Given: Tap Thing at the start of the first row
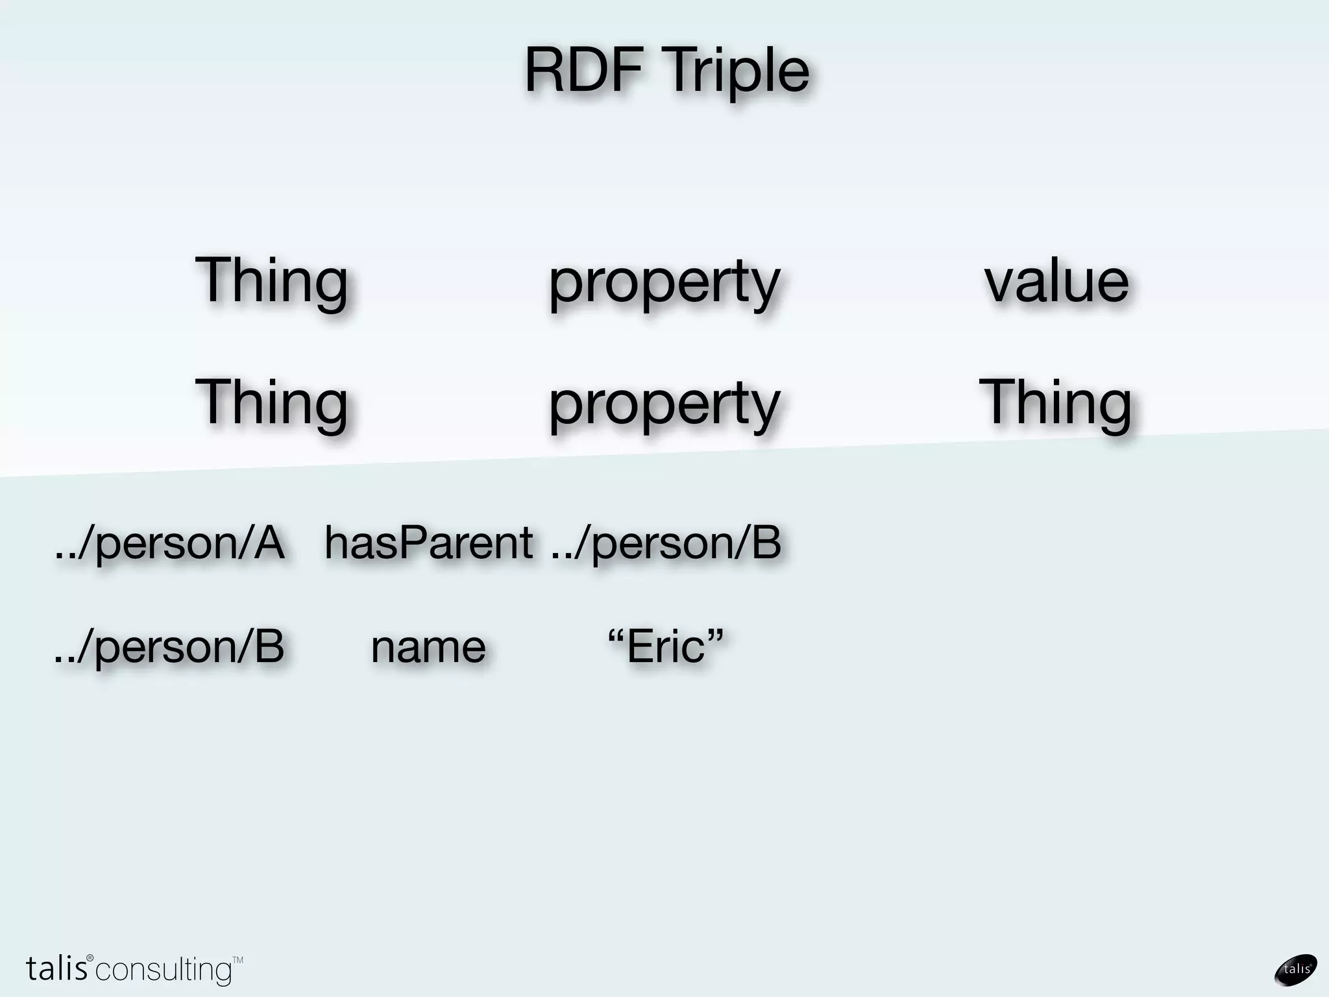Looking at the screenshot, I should pos(271,281).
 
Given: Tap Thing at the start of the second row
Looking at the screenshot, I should pos(271,402).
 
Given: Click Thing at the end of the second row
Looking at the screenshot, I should pos(1055,402).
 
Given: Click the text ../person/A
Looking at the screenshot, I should pos(169,543).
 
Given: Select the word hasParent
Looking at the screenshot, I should pos(428,543).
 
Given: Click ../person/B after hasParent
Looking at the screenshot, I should pos(666,543).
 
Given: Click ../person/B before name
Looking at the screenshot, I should pos(169,647).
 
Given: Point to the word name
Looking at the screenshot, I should pos(428,648).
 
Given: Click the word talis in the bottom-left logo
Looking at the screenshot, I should pos(56,968).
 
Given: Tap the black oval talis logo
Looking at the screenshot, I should pos(1296,969).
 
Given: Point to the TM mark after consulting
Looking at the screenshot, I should pos(238,959).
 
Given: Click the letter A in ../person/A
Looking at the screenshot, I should pos(269,543).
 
